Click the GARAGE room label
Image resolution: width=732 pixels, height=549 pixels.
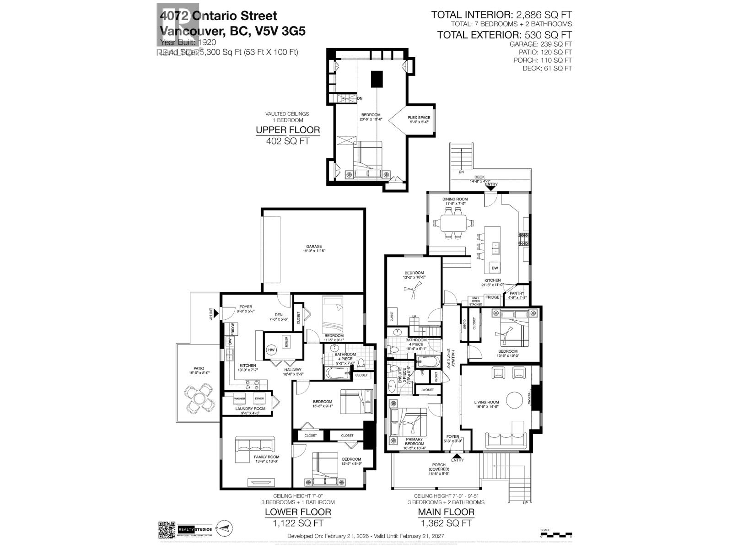click(x=314, y=247)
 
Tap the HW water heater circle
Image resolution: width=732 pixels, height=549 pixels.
click(x=271, y=350)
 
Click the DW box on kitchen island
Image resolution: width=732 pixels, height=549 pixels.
click(x=495, y=268)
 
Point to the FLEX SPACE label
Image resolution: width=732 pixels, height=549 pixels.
click(x=419, y=118)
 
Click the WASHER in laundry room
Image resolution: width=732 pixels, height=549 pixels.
click(x=240, y=399)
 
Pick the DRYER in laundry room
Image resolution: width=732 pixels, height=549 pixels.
click(x=259, y=399)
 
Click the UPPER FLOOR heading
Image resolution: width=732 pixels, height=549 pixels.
click(x=288, y=130)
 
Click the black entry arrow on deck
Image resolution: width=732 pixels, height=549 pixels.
click(x=491, y=187)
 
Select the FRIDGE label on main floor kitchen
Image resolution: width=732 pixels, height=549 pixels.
click(x=492, y=297)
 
